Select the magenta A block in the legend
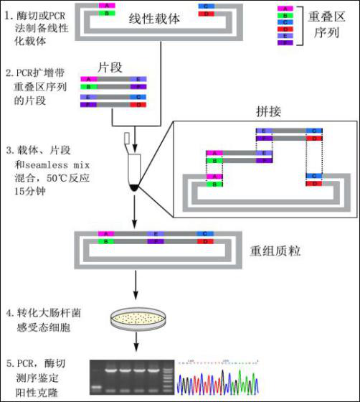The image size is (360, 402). click(285, 8)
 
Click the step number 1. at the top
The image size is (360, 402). click(8, 12)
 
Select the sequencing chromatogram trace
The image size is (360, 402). click(221, 378)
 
